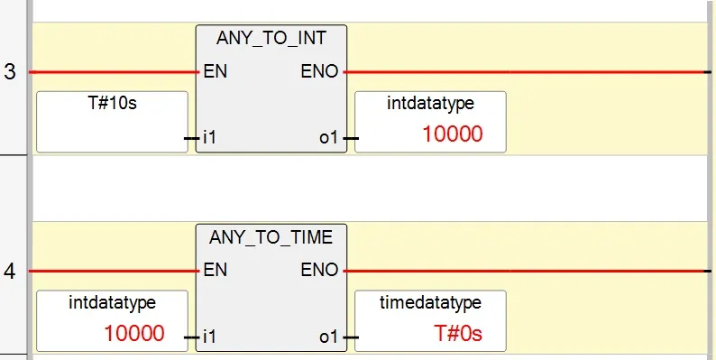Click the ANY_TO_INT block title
(271, 40)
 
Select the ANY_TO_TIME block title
(271, 238)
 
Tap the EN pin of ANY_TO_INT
(216, 70)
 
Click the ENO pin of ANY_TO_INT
(319, 70)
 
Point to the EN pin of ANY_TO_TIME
(216, 269)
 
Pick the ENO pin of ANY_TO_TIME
(319, 269)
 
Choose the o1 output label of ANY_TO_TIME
(329, 337)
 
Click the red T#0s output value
(458, 333)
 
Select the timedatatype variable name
(430, 302)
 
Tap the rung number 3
(10, 72)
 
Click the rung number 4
(10, 271)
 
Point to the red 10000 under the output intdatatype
(452, 134)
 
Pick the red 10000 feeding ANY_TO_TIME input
(133, 333)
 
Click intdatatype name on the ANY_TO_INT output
(430, 104)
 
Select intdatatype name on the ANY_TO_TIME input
(112, 302)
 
